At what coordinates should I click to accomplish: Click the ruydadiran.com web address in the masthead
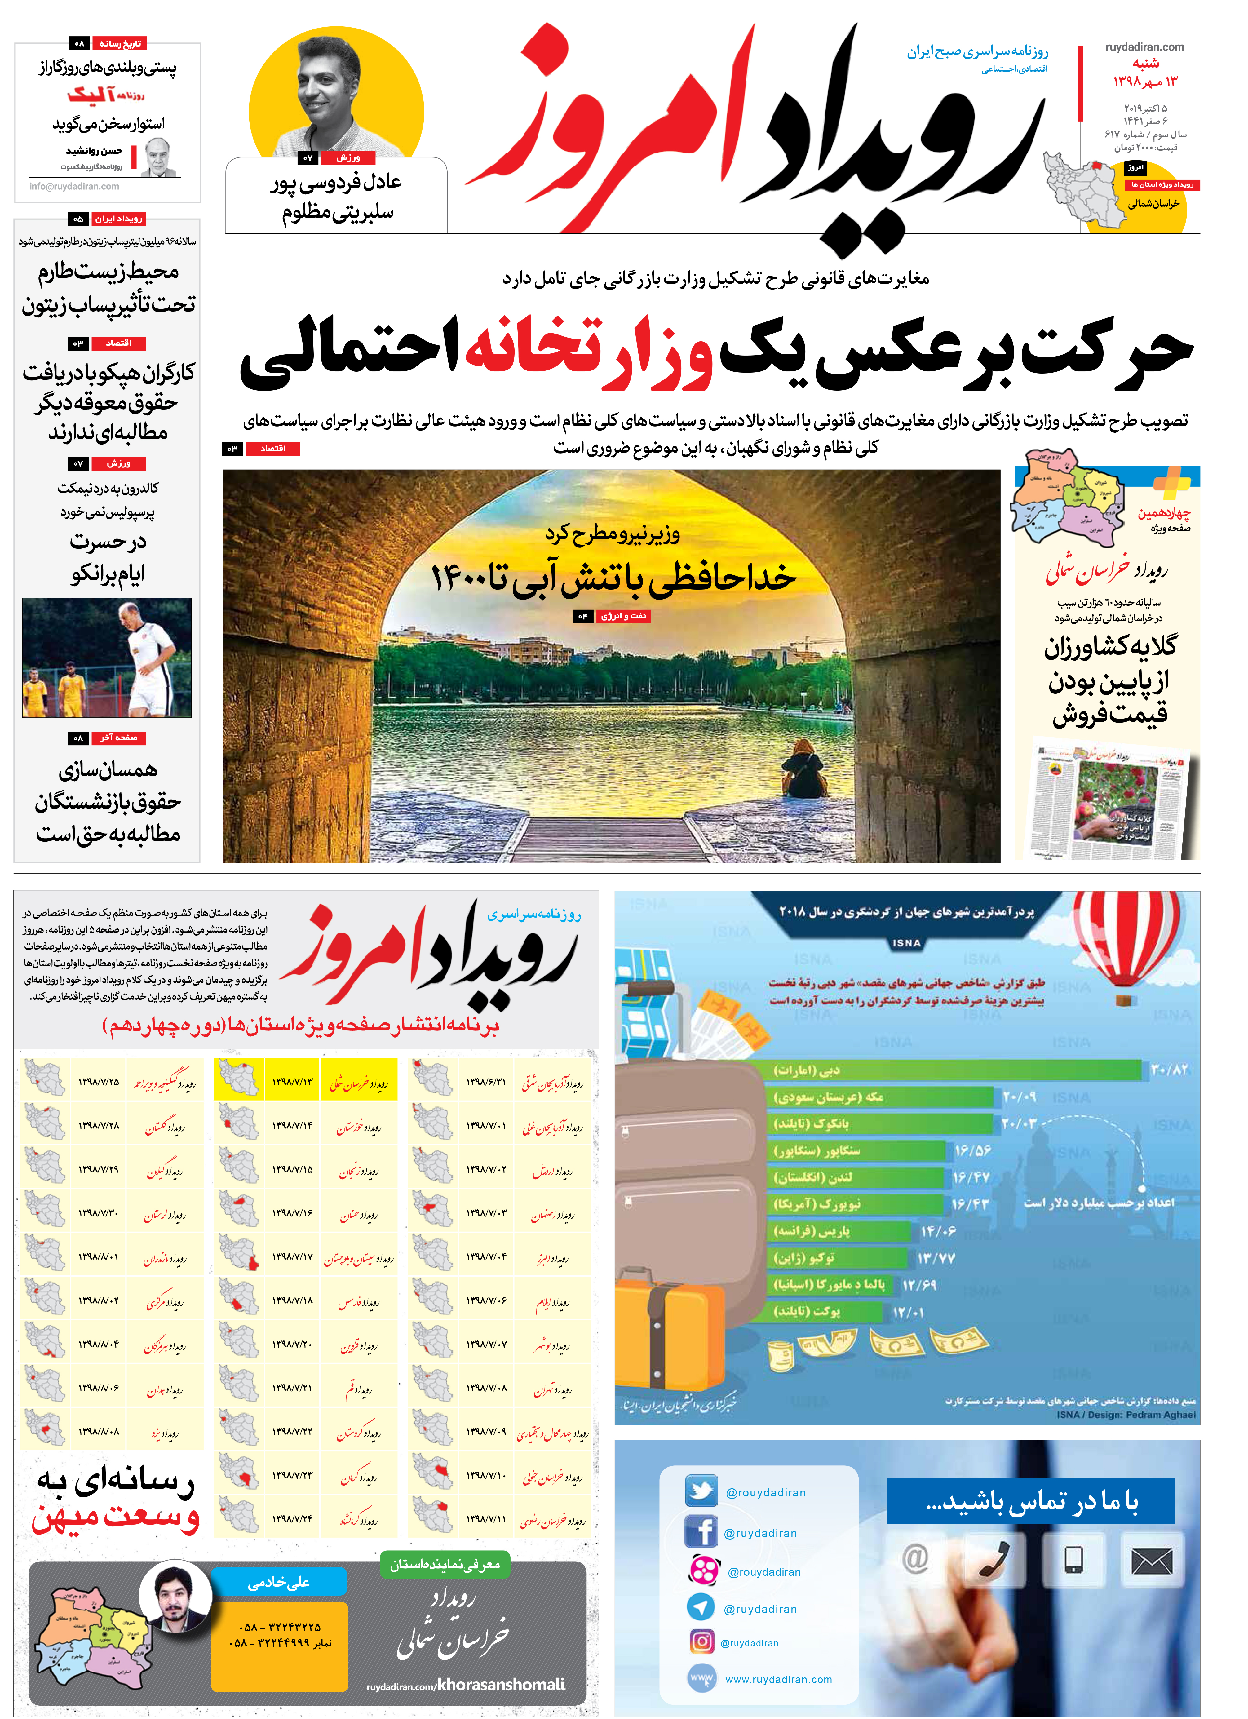[x=1144, y=47]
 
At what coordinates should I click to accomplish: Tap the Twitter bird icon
[x=701, y=1492]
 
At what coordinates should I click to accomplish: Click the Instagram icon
[x=702, y=1641]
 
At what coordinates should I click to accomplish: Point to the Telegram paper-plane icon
[x=701, y=1606]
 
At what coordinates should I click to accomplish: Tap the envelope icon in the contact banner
[x=1151, y=1561]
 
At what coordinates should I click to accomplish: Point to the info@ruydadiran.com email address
[x=74, y=186]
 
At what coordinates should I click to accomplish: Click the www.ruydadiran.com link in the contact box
[x=778, y=1679]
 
